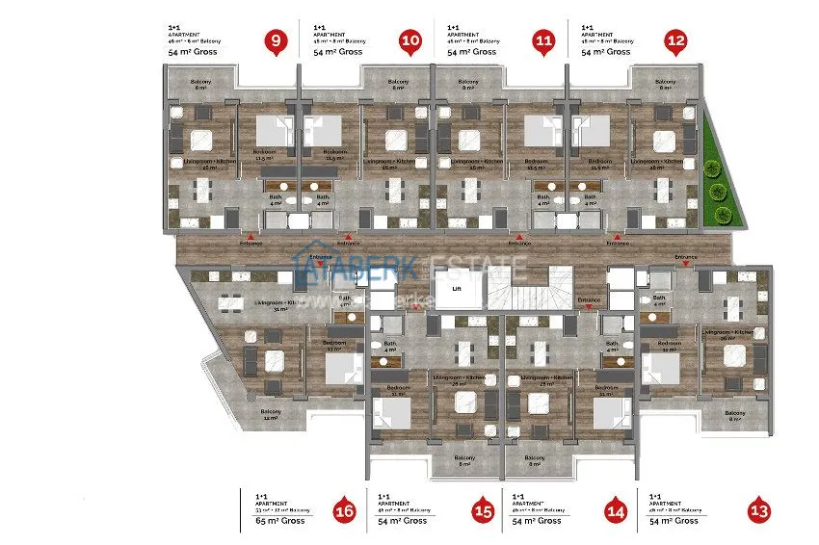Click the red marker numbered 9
coord(277,41)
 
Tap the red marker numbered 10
coord(410,41)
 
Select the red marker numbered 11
coord(544,41)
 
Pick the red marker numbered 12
coord(676,41)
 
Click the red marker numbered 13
coord(760,510)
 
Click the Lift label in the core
coord(458,286)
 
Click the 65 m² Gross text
coord(279,520)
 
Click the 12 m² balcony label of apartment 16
coord(270,415)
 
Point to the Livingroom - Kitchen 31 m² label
coord(280,305)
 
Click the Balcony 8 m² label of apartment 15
coord(464,460)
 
